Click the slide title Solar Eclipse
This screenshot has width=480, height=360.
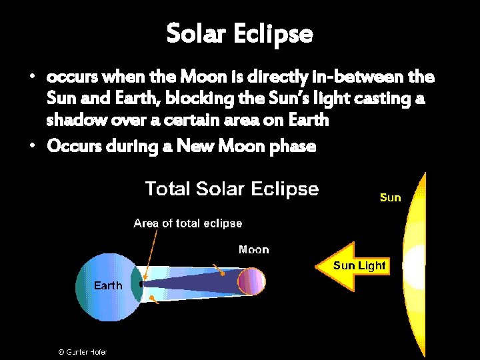(239, 33)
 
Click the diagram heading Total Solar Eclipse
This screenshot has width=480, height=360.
(232, 189)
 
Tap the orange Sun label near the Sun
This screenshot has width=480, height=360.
(390, 197)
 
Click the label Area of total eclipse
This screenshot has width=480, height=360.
(187, 223)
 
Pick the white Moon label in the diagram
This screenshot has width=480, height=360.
(253, 250)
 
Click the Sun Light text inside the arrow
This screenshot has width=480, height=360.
(359, 265)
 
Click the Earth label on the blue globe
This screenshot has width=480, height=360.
(107, 285)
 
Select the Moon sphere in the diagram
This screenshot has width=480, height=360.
(251, 281)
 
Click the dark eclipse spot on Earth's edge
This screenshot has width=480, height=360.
(141, 283)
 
